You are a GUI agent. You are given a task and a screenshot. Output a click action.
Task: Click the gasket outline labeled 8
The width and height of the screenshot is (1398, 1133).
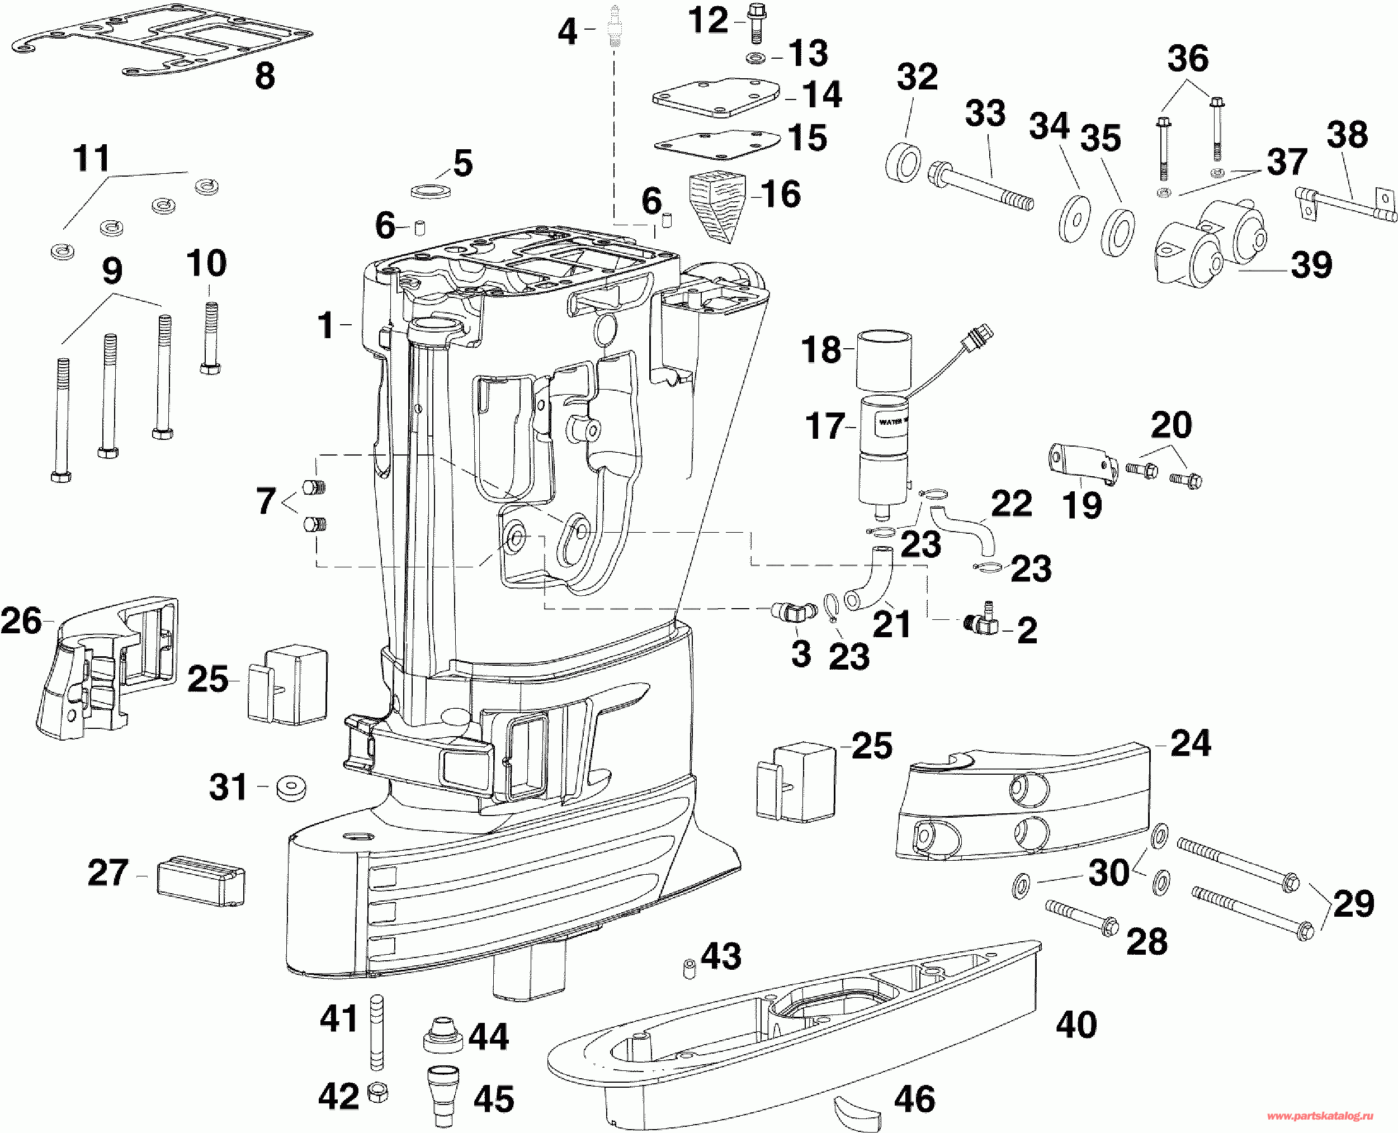tap(162, 45)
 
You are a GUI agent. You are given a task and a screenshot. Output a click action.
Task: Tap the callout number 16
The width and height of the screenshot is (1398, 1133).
tap(781, 194)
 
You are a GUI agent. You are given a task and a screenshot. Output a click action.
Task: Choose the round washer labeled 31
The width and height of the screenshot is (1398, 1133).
tap(291, 788)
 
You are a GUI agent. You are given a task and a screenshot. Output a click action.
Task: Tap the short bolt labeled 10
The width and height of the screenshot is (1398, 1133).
tap(209, 338)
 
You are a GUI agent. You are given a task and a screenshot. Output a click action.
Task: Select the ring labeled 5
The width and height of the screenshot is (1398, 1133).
tap(433, 191)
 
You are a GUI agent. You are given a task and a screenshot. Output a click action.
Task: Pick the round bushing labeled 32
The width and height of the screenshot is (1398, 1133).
tap(904, 160)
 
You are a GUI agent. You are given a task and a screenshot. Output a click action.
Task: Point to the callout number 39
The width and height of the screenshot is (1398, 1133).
tap(1311, 264)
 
